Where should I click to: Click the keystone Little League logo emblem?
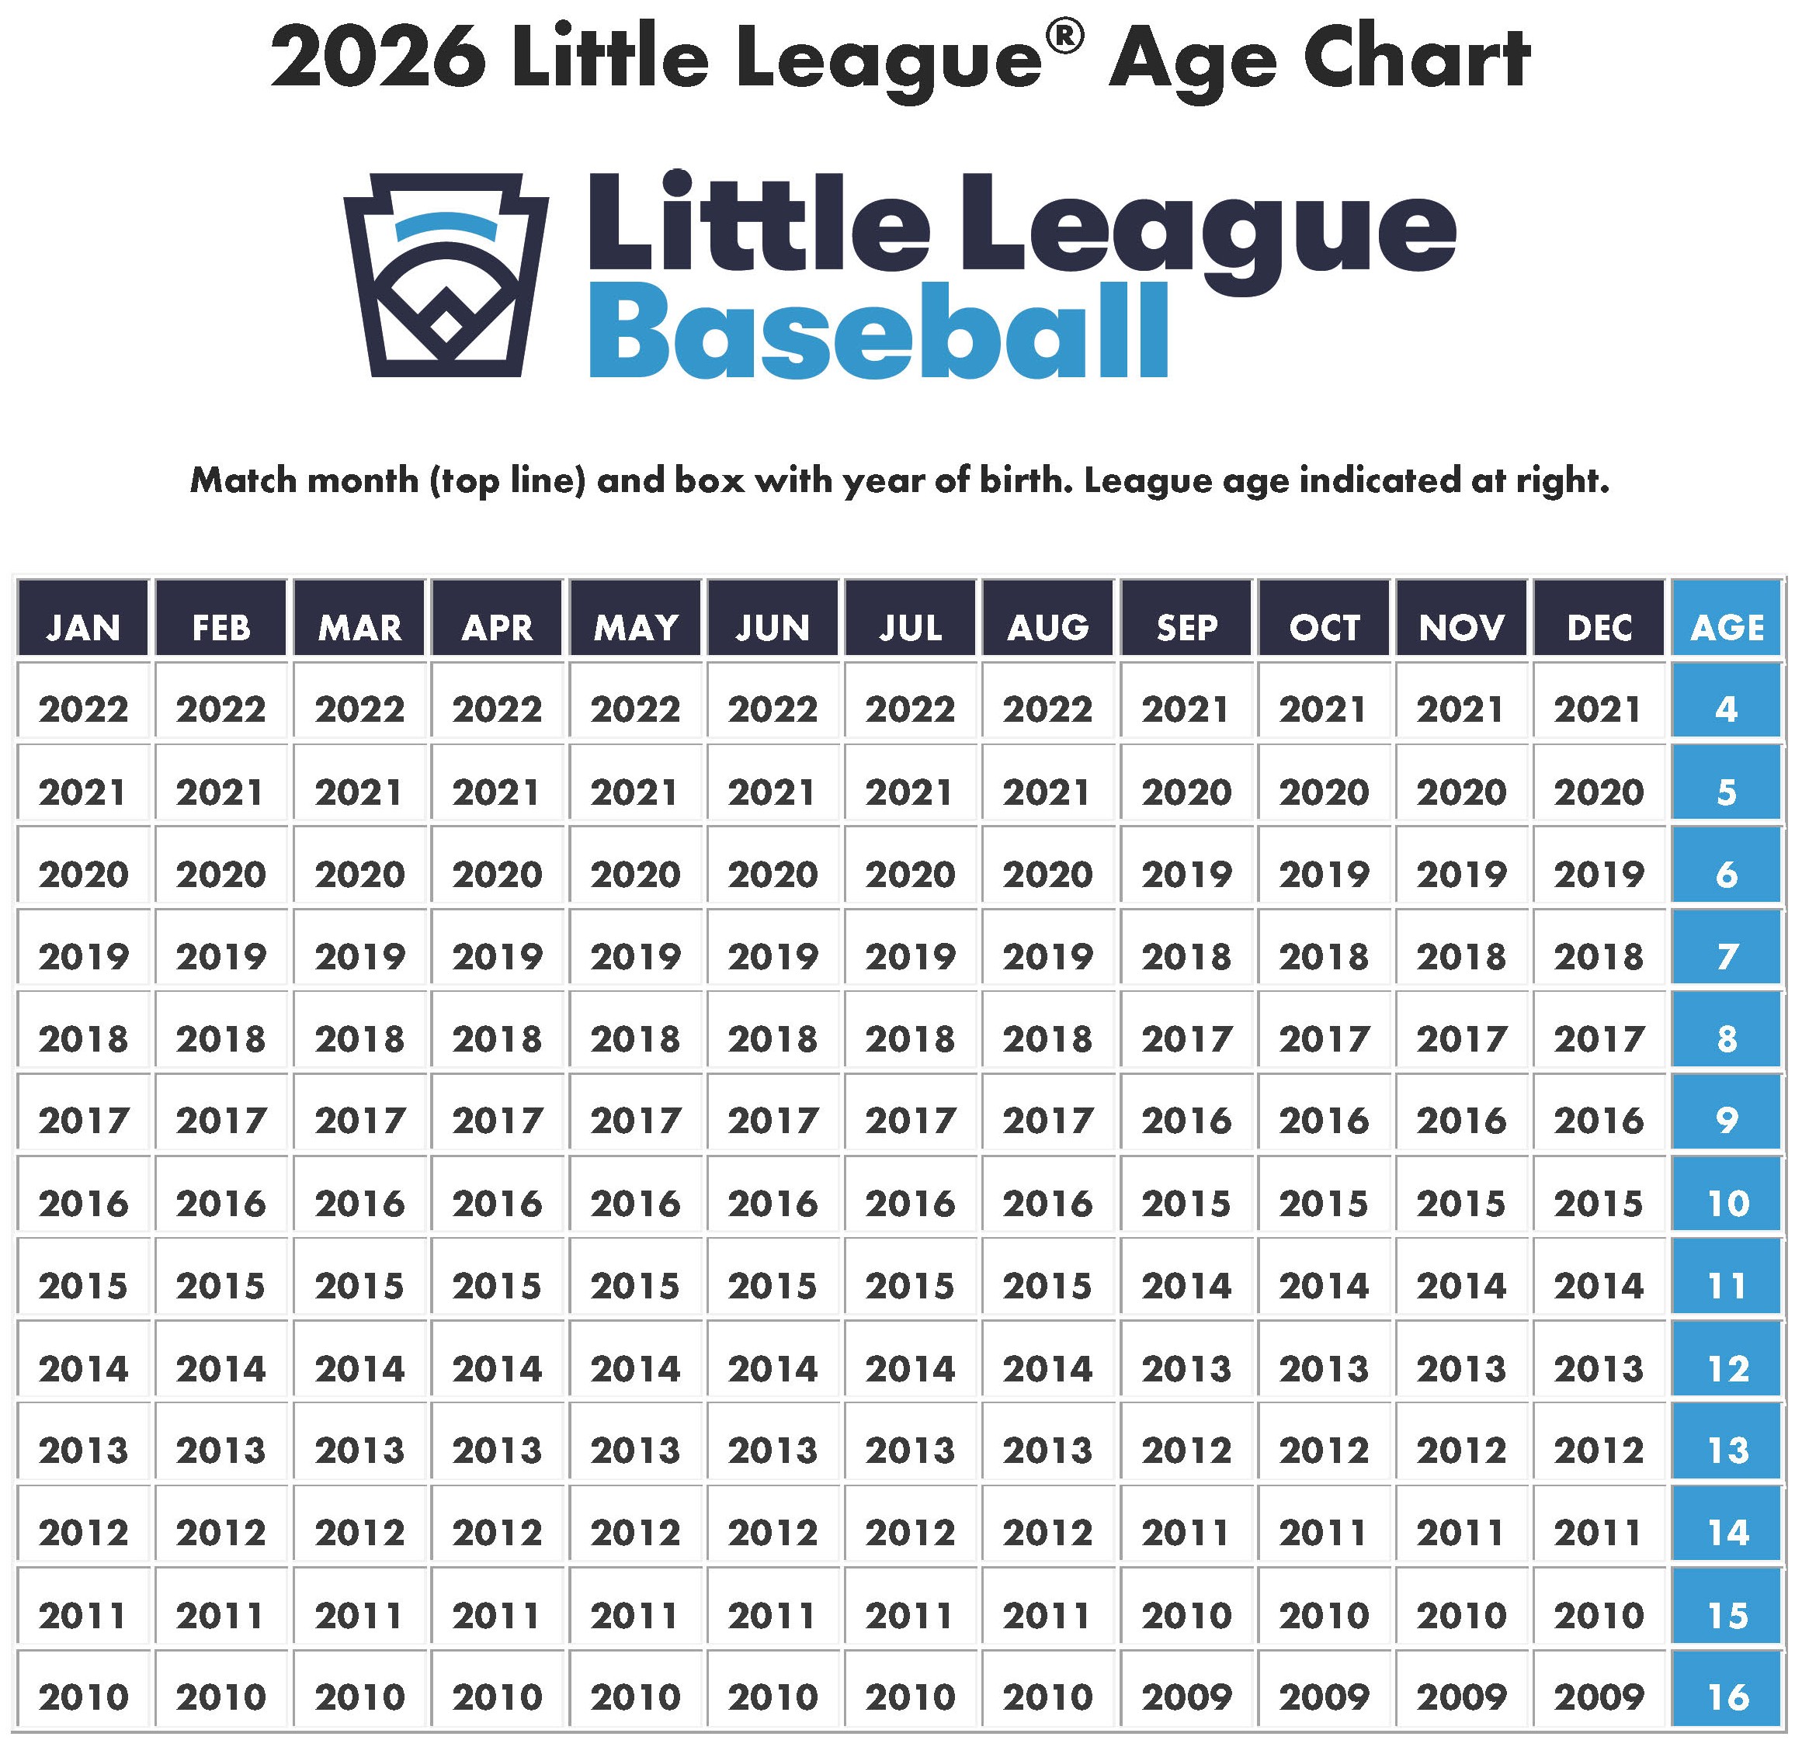pyautogui.click(x=446, y=275)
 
